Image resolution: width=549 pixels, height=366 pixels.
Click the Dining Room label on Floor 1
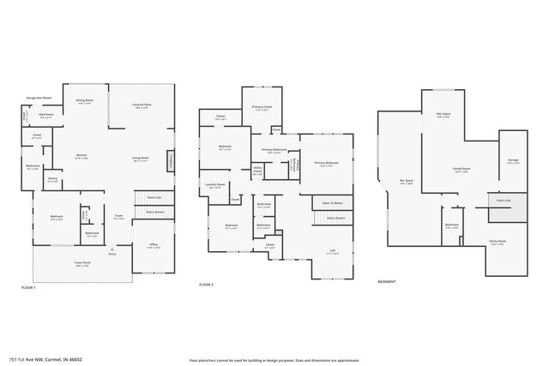tap(84, 101)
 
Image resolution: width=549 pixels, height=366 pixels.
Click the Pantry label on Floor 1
tap(53, 181)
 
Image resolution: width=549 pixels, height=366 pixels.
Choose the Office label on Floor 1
tap(154, 247)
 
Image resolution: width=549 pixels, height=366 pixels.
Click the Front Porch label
tap(83, 266)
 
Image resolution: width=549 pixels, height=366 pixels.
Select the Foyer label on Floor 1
tap(120, 219)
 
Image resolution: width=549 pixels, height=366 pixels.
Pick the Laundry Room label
tap(214, 185)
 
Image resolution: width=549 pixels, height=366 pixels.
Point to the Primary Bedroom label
tap(326, 163)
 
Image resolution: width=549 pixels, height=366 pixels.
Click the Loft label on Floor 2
tap(332, 251)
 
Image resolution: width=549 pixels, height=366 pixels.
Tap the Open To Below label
tap(332, 203)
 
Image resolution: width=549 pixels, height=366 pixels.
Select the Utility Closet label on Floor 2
tap(257, 171)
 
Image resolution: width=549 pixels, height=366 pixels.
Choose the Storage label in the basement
tap(512, 160)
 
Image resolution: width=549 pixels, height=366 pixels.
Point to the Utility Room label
tap(498, 243)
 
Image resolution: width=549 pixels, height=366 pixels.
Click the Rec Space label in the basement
tap(407, 181)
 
